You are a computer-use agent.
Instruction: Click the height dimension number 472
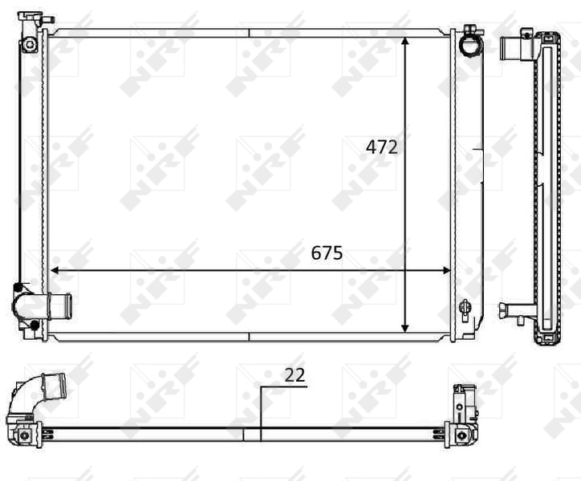click(x=382, y=148)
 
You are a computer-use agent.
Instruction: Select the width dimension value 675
click(x=327, y=253)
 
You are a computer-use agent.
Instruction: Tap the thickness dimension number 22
click(x=295, y=375)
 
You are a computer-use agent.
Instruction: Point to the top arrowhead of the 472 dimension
click(x=405, y=40)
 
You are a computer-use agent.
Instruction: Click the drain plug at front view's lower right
click(x=464, y=307)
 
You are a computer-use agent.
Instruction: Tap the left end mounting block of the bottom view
click(x=24, y=434)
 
